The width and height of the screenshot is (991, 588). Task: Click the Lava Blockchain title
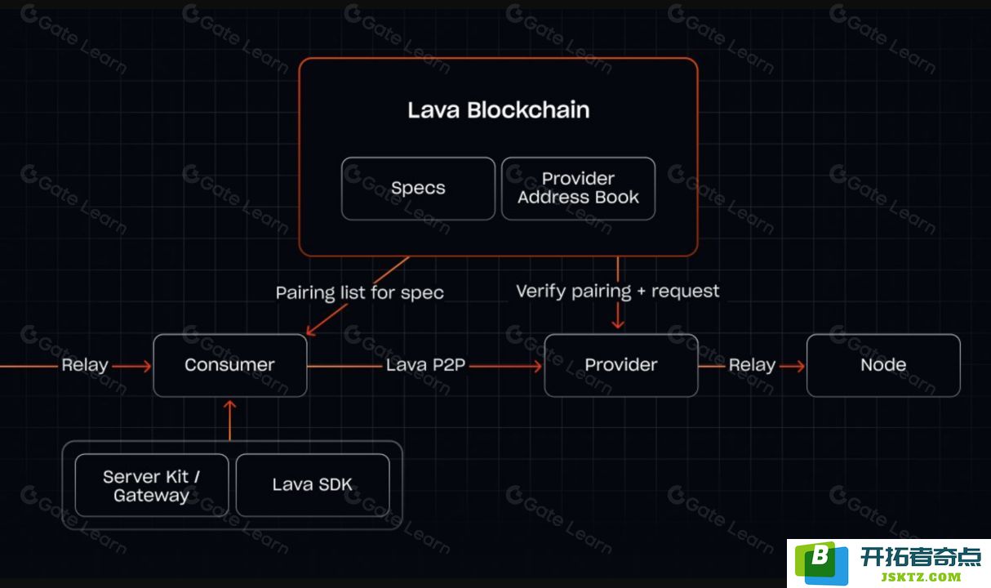coord(499,109)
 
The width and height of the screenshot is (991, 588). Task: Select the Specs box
coord(418,189)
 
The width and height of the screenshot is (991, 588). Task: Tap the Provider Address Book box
coord(578,189)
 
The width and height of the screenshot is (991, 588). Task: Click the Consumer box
coord(230,365)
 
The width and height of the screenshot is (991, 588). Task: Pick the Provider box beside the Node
coord(621,365)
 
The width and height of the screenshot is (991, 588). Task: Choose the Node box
coord(883,365)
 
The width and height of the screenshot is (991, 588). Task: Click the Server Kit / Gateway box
coord(152,485)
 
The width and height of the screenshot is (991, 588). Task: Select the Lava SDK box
coord(313,485)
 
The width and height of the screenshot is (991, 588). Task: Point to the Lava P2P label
coord(425,365)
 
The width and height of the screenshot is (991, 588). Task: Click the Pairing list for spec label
coord(360,293)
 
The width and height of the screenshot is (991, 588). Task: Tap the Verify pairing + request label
coord(618,292)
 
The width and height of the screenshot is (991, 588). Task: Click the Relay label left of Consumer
coord(85,365)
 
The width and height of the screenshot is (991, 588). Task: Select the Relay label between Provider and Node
coord(752,365)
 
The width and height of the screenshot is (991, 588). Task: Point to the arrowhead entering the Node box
coord(800,366)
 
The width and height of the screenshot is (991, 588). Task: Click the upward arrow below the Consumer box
coord(229,421)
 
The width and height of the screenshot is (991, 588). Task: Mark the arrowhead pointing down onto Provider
coord(618,324)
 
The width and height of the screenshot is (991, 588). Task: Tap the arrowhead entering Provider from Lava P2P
coord(537,366)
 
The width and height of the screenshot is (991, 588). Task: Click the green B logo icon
coord(821,563)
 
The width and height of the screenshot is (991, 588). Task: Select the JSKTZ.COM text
coord(921,577)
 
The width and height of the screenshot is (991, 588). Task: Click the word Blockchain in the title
coord(528,109)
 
